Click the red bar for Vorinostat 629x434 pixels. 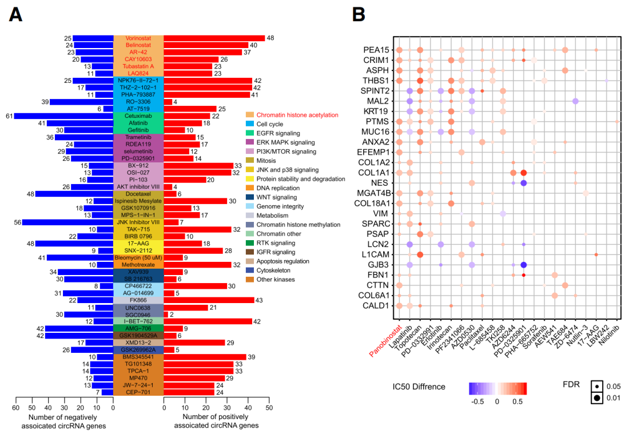pyautogui.click(x=214, y=38)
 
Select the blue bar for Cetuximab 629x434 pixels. pyautogui.click(x=63, y=116)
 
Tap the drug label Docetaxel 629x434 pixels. pyautogui.click(x=138, y=194)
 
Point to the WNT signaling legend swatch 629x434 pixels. pyautogui.click(x=249, y=197)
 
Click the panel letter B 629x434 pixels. pyautogui.click(x=359, y=15)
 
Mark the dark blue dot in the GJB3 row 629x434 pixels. pyautogui.click(x=524, y=265)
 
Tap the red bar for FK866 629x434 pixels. pyautogui.click(x=209, y=300)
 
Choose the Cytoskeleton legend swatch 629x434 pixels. pyautogui.click(x=249, y=270)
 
